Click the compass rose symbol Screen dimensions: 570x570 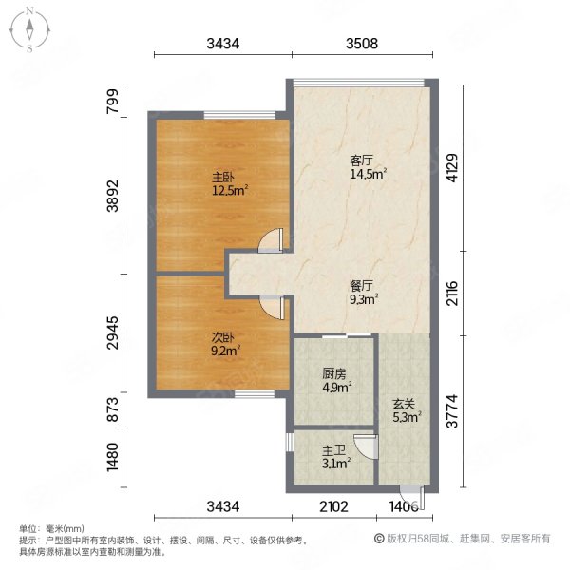[x=29, y=30]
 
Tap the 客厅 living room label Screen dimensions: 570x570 [x=361, y=161]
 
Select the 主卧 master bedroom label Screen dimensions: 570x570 [x=223, y=178]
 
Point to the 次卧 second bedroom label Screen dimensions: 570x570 [x=222, y=337]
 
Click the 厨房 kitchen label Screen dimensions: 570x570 [x=333, y=373]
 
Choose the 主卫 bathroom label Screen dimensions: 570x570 [x=333, y=450]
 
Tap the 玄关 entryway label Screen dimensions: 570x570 [x=404, y=404]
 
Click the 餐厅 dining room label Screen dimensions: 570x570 [x=361, y=286]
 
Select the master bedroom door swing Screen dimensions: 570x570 [x=271, y=240]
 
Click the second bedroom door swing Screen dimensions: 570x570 [x=271, y=308]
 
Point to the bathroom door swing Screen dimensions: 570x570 [x=366, y=447]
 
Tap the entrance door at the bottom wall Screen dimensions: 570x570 [x=412, y=497]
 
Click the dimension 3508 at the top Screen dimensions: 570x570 [x=362, y=44]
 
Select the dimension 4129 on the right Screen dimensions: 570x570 [x=452, y=167]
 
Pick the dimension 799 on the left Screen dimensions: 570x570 [x=113, y=101]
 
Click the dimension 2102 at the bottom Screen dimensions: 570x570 [x=333, y=506]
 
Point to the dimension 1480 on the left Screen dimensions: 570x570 [x=113, y=457]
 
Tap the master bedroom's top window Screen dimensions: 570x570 [x=240, y=115]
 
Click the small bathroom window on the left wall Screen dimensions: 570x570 [x=290, y=442]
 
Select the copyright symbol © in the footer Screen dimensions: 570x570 [x=379, y=539]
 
